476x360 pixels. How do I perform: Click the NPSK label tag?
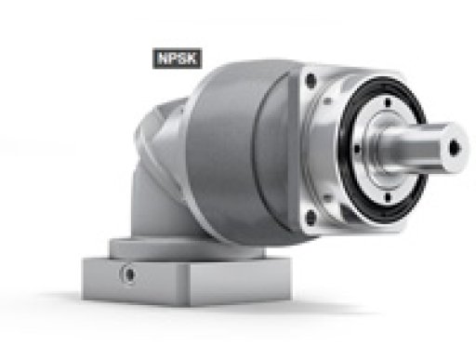[178, 59]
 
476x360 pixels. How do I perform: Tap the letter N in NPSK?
[163, 59]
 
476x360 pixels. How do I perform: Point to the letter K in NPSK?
[192, 59]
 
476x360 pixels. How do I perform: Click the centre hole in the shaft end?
[455, 147]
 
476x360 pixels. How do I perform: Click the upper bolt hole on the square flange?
[311, 80]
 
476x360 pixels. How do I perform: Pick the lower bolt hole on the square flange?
[311, 216]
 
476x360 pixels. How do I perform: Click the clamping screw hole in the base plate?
[128, 274]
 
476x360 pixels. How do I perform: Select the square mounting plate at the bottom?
[187, 281]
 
